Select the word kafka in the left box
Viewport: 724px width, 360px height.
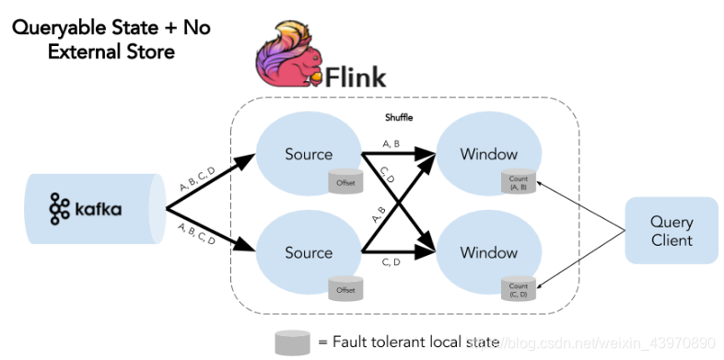[x=98, y=210]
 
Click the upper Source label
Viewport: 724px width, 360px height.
[x=309, y=154]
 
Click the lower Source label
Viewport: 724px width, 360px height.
[x=309, y=252]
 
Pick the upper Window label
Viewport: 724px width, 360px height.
[x=489, y=154]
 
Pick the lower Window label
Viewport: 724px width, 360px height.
[x=489, y=252]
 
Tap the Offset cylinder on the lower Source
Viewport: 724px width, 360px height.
[x=345, y=287]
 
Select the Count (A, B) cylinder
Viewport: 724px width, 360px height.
[x=518, y=183]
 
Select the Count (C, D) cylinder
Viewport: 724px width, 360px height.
[x=518, y=288]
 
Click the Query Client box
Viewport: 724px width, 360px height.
[x=671, y=231]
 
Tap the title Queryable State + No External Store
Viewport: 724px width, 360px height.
[x=111, y=40]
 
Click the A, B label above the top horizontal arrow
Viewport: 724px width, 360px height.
[x=390, y=143]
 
